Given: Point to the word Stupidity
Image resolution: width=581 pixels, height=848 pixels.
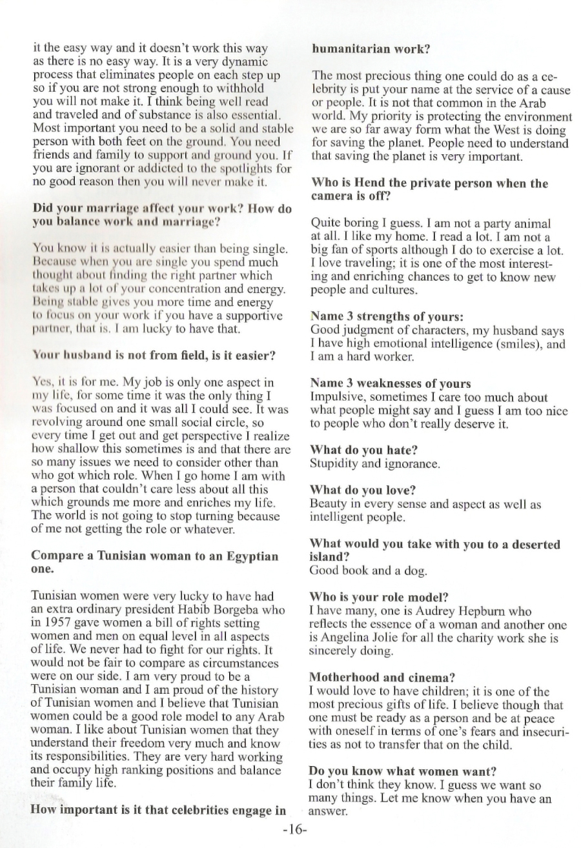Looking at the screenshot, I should (x=335, y=463).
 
